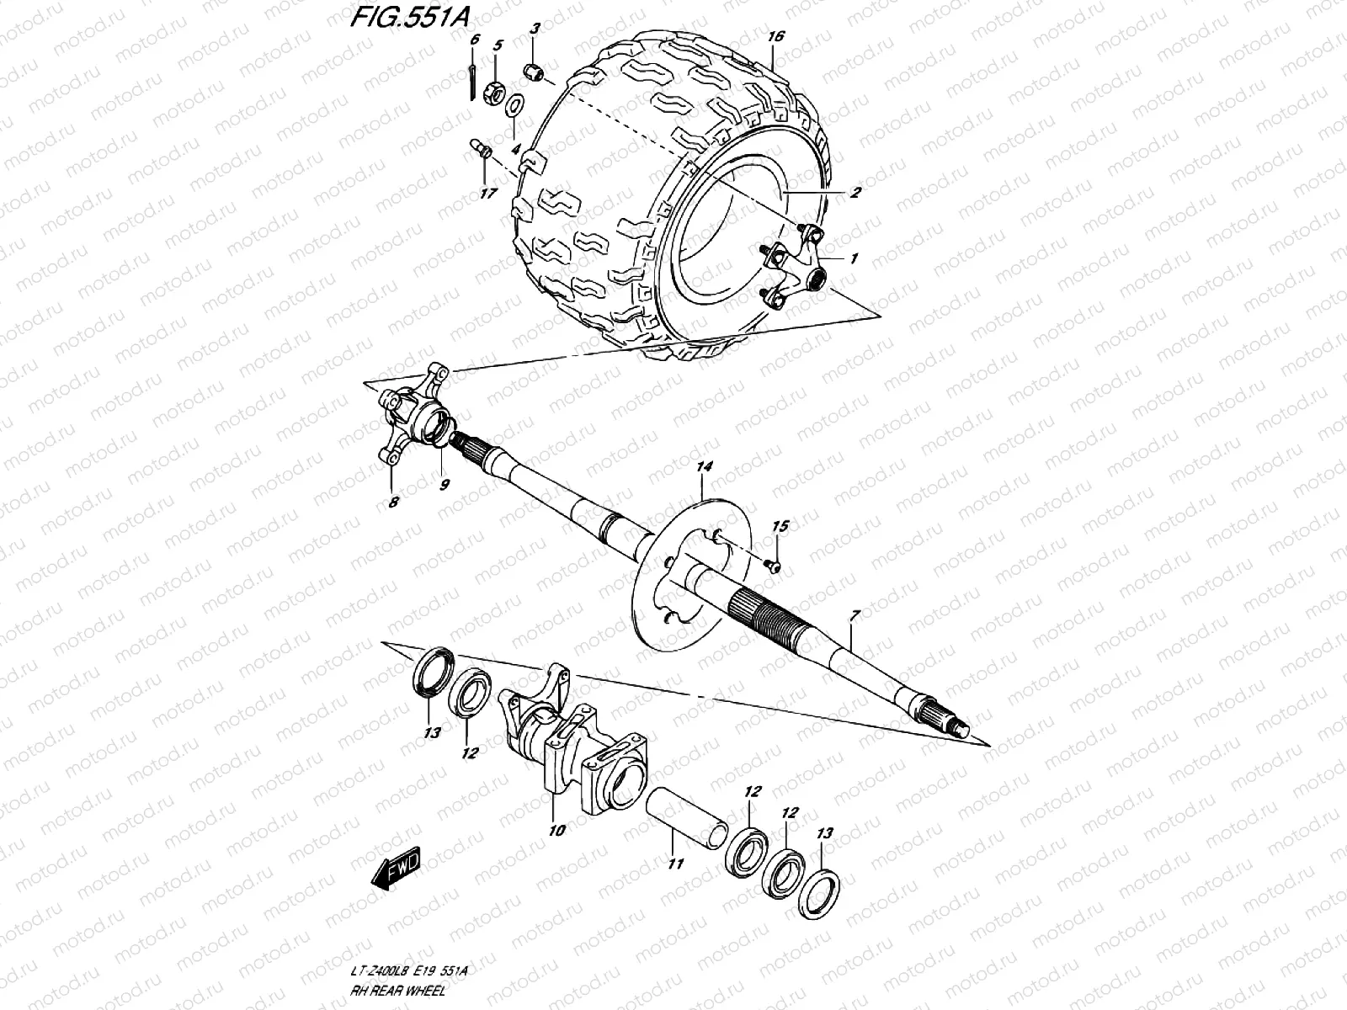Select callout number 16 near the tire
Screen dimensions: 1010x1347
(x=775, y=36)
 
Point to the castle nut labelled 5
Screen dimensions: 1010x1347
(x=497, y=90)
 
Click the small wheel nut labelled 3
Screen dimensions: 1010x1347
(x=532, y=71)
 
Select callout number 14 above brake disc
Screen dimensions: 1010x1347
(x=705, y=465)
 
